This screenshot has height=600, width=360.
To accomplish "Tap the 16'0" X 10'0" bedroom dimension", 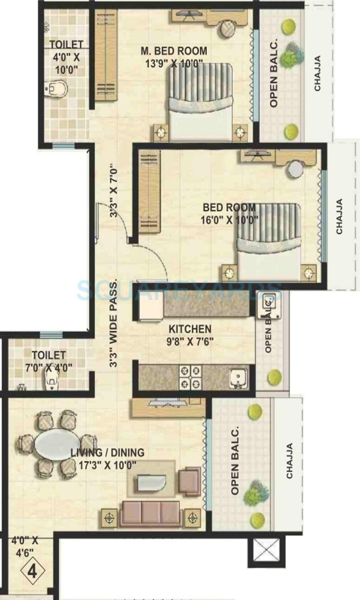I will tap(229, 220).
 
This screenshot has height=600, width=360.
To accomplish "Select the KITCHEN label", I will tap(190, 328).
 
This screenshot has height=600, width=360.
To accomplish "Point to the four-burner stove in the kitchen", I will tap(190, 376).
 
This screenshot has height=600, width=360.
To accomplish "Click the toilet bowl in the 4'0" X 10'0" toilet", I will tap(58, 89).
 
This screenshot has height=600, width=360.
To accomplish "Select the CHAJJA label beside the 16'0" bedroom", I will tap(339, 217).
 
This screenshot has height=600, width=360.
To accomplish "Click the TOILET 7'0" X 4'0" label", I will tap(48, 360).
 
